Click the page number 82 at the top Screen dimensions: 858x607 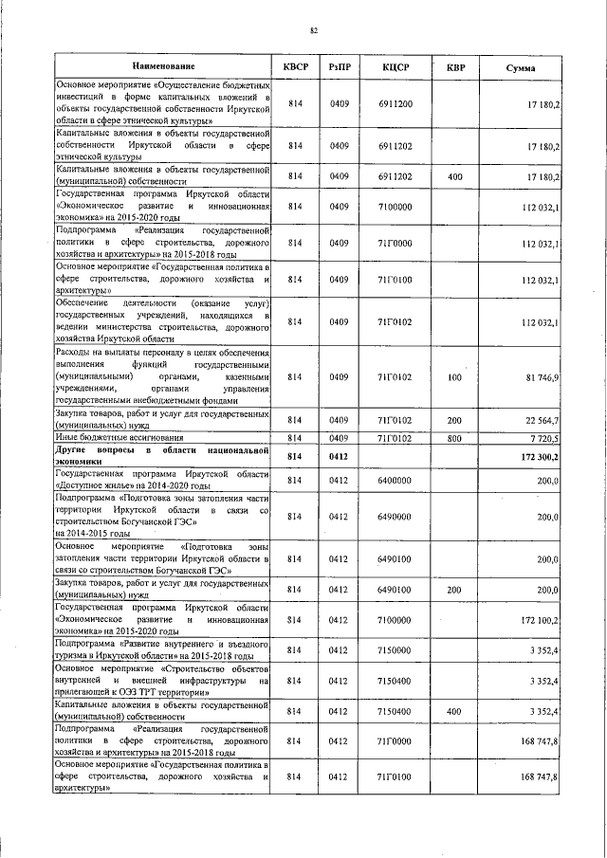[312, 31]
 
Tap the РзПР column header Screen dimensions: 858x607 [340, 67]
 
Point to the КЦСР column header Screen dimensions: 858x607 [395, 67]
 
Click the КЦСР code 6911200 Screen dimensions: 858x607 [395, 102]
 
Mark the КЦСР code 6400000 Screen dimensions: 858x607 [395, 482]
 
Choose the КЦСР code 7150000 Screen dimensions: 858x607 [395, 650]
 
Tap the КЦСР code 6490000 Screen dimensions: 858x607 [395, 517]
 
